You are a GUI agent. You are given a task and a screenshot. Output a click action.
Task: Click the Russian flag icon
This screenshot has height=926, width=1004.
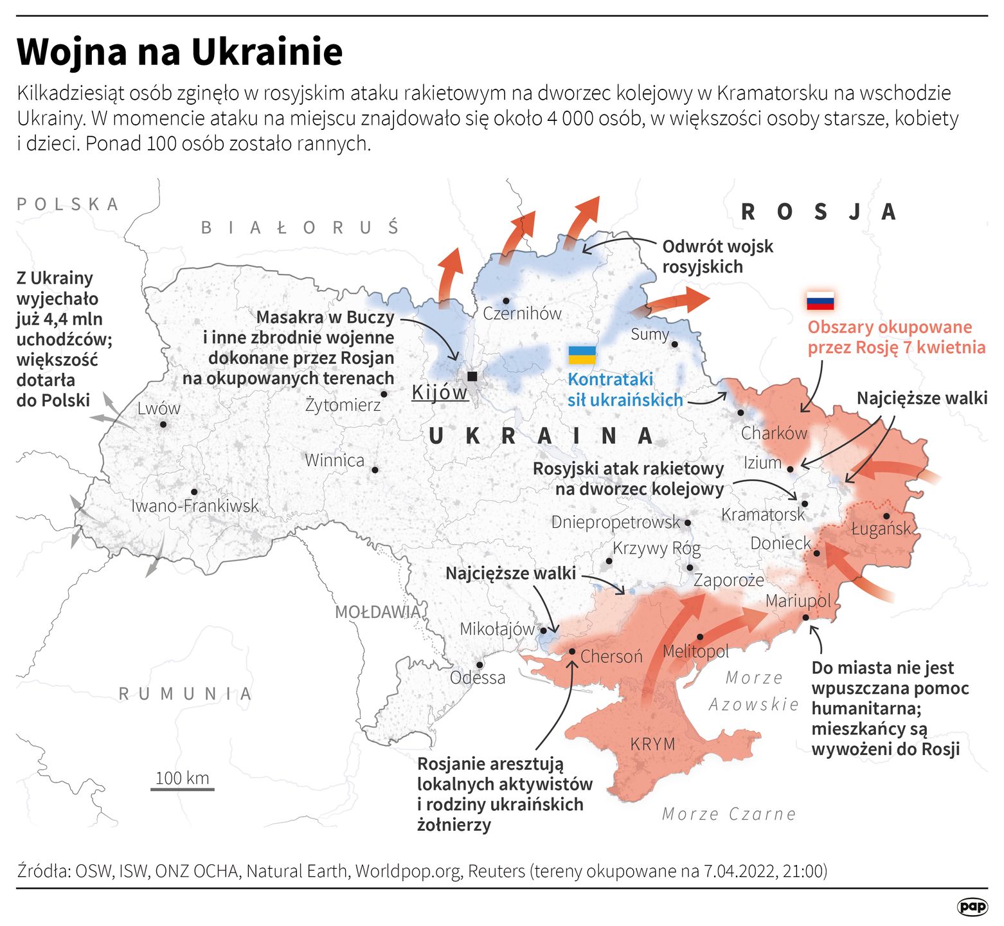(x=820, y=300)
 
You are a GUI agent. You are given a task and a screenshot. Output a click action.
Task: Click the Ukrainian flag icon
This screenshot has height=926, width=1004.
(x=582, y=355)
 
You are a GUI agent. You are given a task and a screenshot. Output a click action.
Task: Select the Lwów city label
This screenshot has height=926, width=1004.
(x=159, y=408)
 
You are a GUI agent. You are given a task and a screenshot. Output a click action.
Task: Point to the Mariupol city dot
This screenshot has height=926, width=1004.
(x=805, y=617)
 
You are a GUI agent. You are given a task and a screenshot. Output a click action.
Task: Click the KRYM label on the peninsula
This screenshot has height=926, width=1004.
(x=652, y=744)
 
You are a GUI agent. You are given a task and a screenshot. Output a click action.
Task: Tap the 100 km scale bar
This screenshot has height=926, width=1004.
(x=183, y=788)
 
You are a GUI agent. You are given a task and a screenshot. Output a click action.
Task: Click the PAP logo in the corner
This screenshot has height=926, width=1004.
(x=972, y=907)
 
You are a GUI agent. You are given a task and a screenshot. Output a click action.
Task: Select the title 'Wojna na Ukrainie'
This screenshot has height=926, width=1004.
(x=180, y=51)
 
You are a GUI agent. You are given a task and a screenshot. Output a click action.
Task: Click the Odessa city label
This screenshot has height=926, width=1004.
(x=478, y=678)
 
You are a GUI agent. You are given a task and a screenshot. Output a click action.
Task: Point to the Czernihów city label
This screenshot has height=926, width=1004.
(x=522, y=314)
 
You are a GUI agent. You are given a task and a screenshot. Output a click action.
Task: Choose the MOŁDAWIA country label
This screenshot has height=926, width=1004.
(x=377, y=612)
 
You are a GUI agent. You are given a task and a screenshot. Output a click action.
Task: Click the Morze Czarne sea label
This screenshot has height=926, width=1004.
(x=729, y=814)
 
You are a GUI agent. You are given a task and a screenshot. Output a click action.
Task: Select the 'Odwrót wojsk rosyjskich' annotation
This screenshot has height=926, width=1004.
(x=717, y=257)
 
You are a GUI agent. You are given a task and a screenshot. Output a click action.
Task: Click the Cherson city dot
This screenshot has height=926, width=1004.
(x=572, y=651)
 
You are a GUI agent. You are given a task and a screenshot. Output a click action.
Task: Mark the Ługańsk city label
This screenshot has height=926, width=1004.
(x=881, y=529)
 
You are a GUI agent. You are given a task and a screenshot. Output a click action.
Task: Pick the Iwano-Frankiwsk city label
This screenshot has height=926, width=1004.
(x=195, y=506)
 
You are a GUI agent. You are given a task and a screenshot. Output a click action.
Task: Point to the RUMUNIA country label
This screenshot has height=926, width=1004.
(x=185, y=694)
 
